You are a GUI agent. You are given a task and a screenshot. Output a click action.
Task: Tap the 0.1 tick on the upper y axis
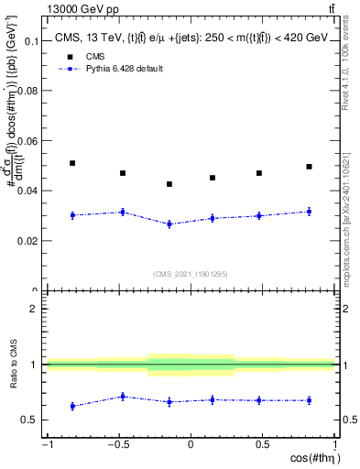coord(32,41)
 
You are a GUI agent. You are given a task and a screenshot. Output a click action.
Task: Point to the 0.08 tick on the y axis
coord(29,92)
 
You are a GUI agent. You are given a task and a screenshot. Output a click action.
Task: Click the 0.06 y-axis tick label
coord(29,141)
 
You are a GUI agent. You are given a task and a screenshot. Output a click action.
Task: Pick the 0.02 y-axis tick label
coord(29,241)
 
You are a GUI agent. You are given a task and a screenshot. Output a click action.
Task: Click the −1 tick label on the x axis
coord(46,444)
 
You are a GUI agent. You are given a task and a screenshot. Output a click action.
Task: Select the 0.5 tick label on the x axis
coord(262,444)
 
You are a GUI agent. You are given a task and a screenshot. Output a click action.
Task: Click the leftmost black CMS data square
coord(72,163)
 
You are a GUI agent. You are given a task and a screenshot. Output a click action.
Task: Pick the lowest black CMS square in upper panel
coord(169,184)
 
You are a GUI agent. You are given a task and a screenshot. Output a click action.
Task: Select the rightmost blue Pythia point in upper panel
coord(309,212)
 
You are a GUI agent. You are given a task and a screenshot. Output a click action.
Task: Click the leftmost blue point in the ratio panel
coord(72,406)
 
